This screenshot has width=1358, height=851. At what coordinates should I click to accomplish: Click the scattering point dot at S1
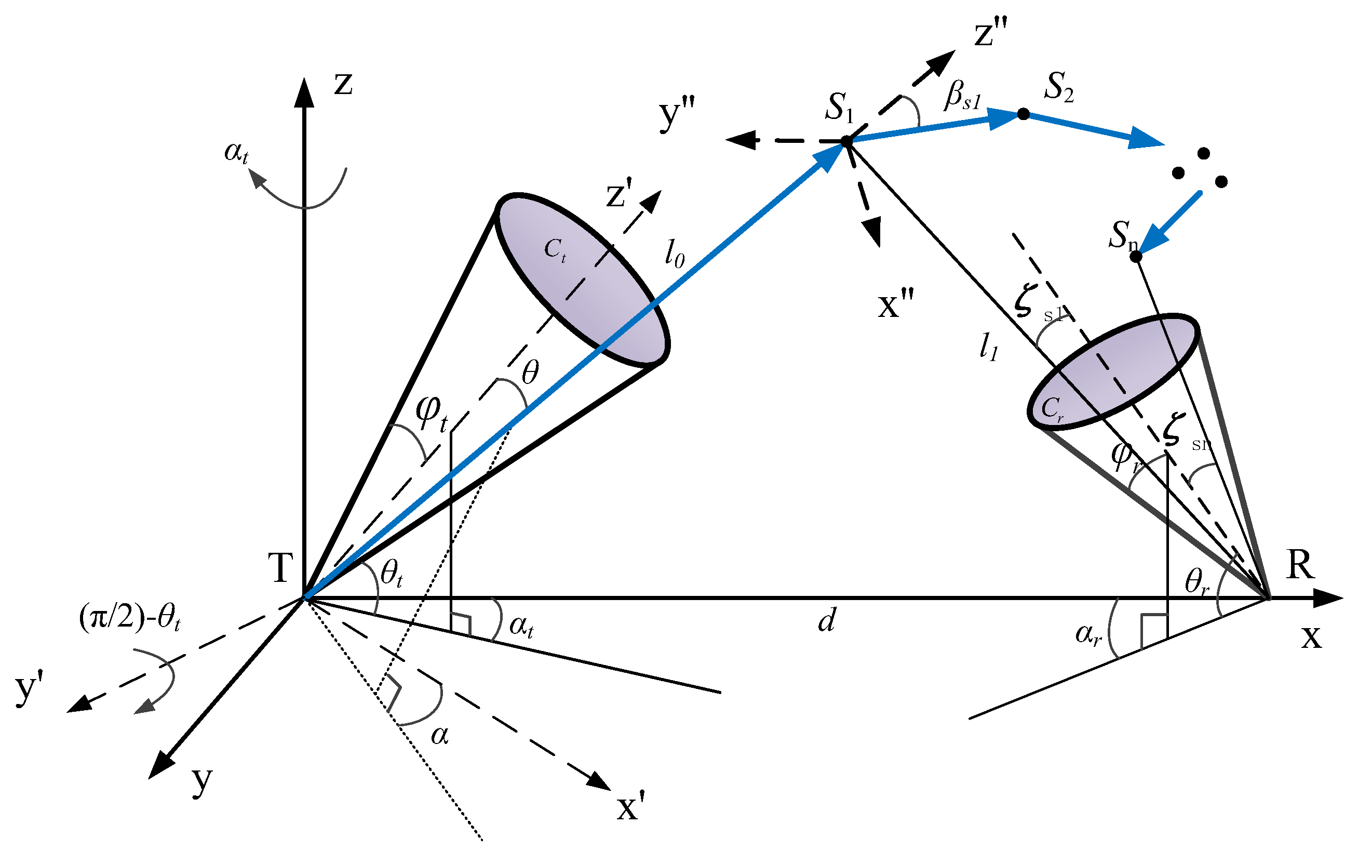[846, 141]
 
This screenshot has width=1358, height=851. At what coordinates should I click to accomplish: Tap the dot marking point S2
[1023, 114]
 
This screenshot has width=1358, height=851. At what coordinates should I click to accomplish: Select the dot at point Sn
[1136, 257]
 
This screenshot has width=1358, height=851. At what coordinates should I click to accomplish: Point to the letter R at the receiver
[1300, 565]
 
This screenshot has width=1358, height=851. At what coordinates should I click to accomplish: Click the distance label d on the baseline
[826, 621]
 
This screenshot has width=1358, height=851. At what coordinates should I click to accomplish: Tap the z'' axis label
[991, 33]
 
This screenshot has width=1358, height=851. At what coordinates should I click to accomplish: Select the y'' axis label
[677, 113]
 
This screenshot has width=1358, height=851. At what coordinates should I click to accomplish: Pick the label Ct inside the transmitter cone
[555, 249]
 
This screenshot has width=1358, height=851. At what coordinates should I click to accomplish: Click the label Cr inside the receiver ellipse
[1052, 408]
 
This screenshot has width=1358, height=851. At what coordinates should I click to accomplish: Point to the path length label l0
[675, 256]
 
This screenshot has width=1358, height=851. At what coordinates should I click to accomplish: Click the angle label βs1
[962, 96]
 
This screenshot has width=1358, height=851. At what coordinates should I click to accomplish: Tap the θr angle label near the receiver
[1196, 582]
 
